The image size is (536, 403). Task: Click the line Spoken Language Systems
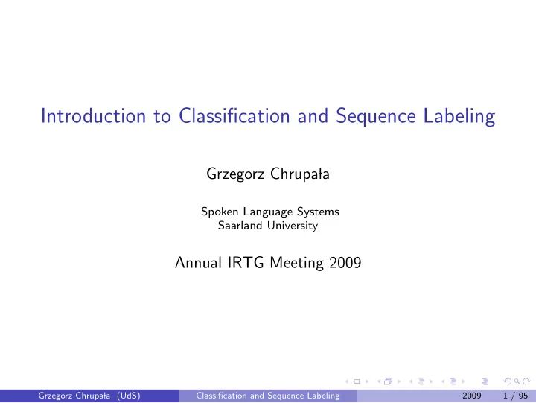(269, 212)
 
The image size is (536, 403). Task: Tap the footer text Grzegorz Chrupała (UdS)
(90, 396)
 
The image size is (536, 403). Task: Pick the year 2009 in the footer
(471, 396)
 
